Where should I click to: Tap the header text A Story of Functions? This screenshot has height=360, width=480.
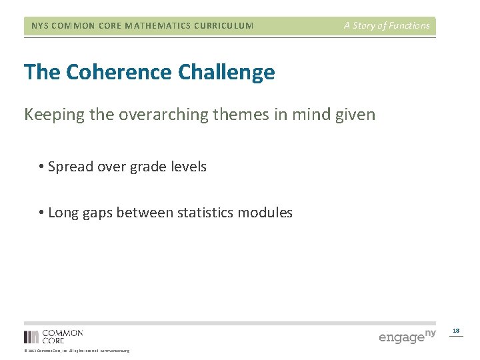coord(387,26)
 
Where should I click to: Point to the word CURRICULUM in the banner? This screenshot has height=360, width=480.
coord(224,26)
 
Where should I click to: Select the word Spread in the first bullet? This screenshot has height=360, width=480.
coord(70,167)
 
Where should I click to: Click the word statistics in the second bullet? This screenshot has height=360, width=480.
coord(208,213)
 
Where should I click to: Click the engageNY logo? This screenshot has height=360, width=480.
coord(407,336)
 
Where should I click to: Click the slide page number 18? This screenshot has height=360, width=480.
coord(456,331)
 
